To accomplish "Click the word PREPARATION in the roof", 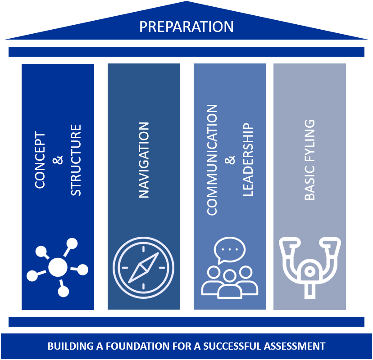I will (186, 27).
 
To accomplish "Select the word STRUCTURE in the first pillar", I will (76, 160).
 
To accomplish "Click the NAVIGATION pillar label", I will (144, 160).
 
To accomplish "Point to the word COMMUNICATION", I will (212, 160).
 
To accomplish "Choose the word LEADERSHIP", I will (248, 159).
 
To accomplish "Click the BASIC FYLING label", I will (309, 160).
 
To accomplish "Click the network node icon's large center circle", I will (58, 267).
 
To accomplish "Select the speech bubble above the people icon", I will (230, 249).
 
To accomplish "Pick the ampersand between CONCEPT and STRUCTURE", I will (58, 160).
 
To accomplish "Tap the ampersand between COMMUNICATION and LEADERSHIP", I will (230, 160).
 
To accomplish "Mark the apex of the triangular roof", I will (186, 2).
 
